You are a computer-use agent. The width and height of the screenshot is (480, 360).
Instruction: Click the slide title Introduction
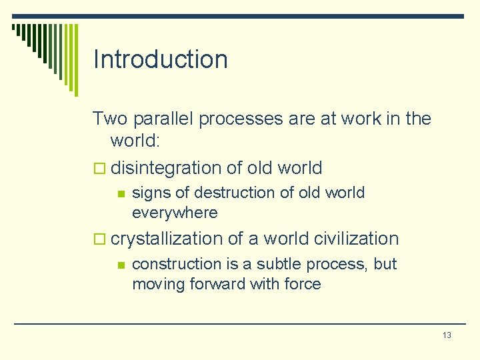160,59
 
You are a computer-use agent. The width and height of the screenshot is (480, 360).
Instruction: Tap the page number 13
447,335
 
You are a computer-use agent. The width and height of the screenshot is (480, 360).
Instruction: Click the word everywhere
175,213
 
